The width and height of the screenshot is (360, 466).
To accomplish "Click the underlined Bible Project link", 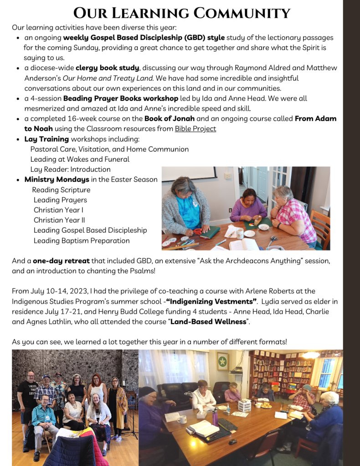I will (x=195, y=129).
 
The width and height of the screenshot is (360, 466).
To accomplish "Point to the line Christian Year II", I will (x=58, y=220).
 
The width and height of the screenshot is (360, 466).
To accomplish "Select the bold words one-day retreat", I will (x=61, y=261).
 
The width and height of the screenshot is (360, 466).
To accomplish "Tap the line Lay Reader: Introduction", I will (x=70, y=169).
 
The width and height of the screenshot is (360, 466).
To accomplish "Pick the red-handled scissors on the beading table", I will (x=197, y=231).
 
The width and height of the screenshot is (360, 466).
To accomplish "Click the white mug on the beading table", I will (x=240, y=233).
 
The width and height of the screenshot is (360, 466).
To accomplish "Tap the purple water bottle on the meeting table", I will (x=215, y=416).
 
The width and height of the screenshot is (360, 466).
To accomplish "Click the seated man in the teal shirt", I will (x=43, y=417).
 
